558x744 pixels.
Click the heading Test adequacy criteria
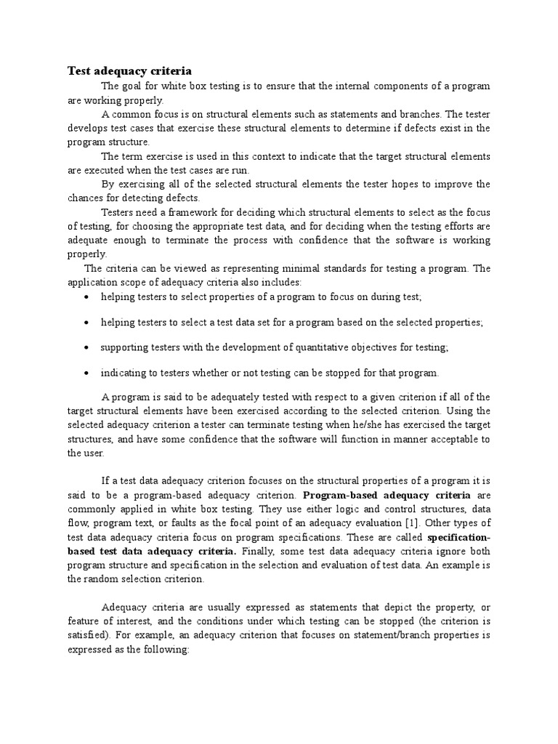[129, 70]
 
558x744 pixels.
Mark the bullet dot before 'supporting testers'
[87, 348]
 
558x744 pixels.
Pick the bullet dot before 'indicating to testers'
[87, 373]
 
